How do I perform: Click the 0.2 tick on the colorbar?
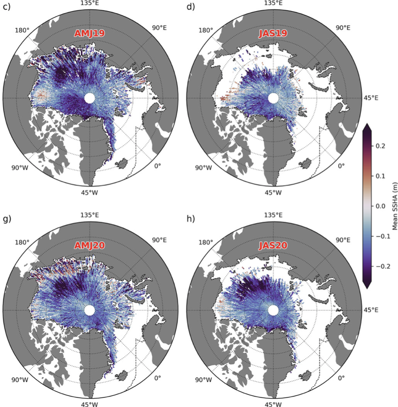tap(380, 145)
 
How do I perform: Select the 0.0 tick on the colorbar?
tap(380, 205)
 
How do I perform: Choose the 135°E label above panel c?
tap(90, 4)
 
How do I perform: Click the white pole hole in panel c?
tap(90, 98)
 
